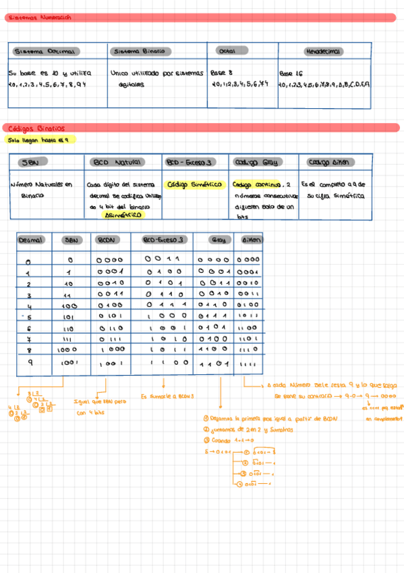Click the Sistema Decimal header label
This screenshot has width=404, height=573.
(47, 51)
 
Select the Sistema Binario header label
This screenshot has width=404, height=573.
(138, 51)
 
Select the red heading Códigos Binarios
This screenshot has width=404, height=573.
(34, 128)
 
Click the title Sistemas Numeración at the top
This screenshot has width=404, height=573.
(40, 18)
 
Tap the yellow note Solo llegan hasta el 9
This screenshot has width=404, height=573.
(39, 140)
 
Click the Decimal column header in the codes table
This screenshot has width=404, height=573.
(30, 240)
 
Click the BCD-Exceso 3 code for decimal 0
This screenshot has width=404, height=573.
(165, 258)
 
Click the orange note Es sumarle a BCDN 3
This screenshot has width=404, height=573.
(167, 396)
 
